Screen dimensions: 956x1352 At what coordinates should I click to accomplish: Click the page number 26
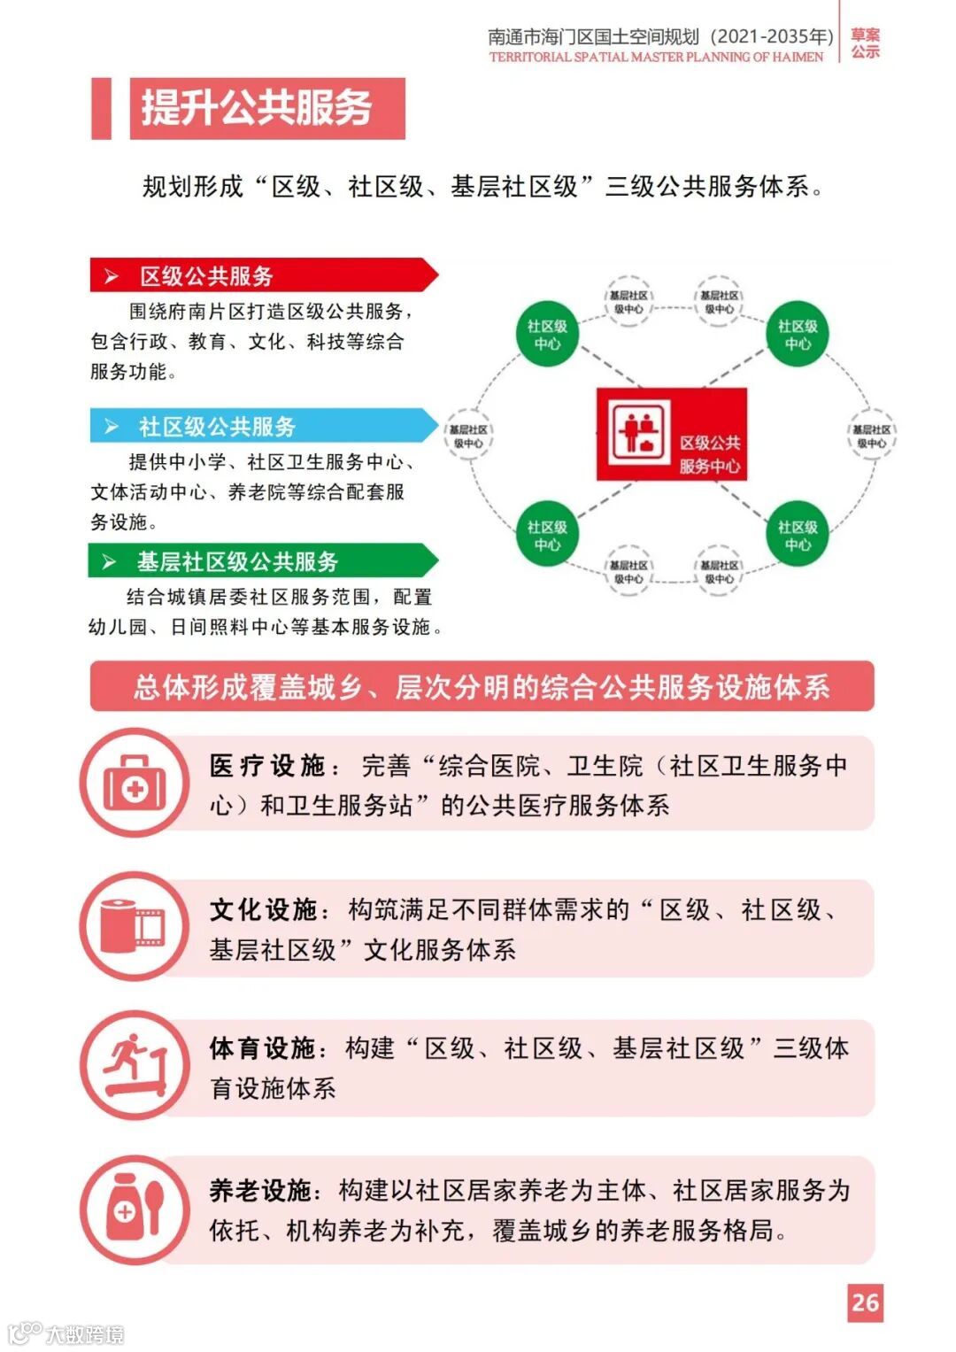865,1302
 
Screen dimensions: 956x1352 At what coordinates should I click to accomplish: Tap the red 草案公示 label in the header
865,43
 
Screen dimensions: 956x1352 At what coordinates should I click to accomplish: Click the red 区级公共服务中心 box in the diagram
672,435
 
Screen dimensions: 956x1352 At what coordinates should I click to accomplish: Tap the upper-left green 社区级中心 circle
547,335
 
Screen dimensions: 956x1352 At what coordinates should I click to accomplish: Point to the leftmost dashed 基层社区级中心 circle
468,436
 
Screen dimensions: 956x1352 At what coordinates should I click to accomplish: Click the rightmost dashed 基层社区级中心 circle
871,436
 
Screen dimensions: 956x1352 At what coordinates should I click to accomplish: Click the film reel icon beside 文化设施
135,926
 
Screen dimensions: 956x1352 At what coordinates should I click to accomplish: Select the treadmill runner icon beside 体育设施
135,1065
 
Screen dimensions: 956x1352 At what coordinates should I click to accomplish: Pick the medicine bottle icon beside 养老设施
135,1209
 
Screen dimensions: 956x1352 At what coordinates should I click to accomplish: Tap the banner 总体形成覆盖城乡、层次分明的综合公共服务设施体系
482,686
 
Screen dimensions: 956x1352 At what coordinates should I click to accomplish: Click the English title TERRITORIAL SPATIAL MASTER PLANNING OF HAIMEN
656,58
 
